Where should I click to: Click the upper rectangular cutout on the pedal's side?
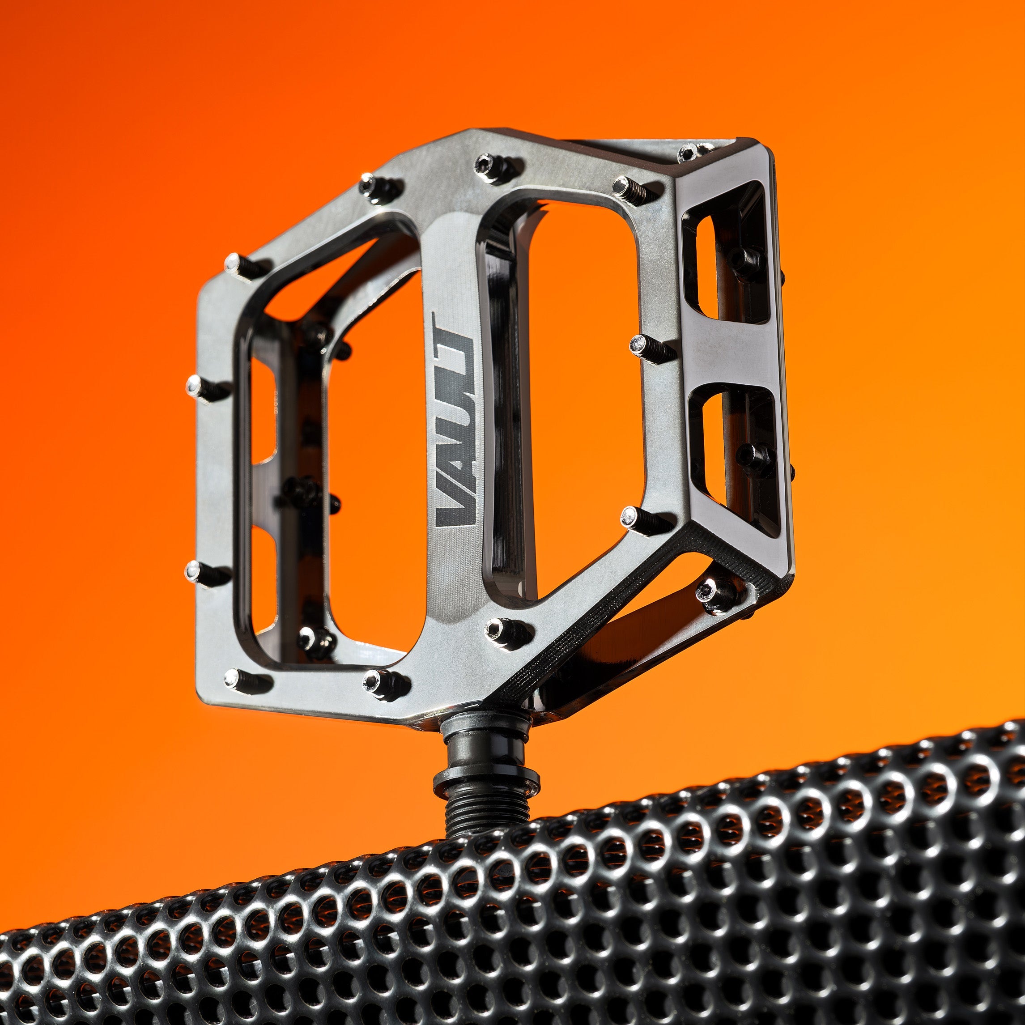724,265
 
